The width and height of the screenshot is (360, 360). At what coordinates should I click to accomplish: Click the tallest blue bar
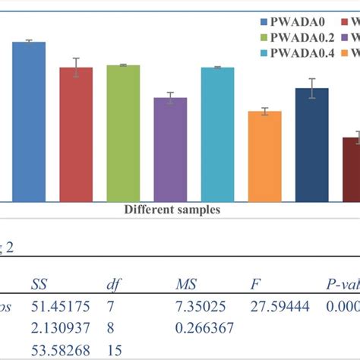click(29, 122)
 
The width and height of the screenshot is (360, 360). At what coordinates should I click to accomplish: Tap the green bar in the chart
click(123, 133)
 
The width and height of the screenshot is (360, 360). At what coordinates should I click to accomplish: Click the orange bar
click(264, 156)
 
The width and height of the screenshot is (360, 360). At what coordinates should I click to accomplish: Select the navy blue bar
click(311, 144)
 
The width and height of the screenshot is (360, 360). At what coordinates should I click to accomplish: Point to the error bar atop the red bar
click(76, 67)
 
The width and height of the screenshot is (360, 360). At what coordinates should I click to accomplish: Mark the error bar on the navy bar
click(311, 88)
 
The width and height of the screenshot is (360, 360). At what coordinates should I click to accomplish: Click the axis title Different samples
click(172, 210)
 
